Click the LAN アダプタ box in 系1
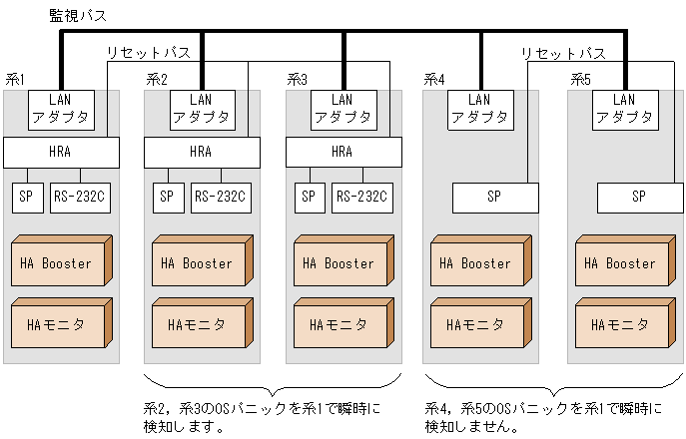[x=61, y=108]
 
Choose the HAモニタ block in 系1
[x=57, y=323]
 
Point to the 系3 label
[x=298, y=79]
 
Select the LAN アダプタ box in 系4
[x=480, y=108]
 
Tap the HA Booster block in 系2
[x=199, y=263]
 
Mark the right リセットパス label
[x=562, y=53]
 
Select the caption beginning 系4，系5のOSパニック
[x=544, y=417]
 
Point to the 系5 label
[x=581, y=79]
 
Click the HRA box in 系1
[x=61, y=153]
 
